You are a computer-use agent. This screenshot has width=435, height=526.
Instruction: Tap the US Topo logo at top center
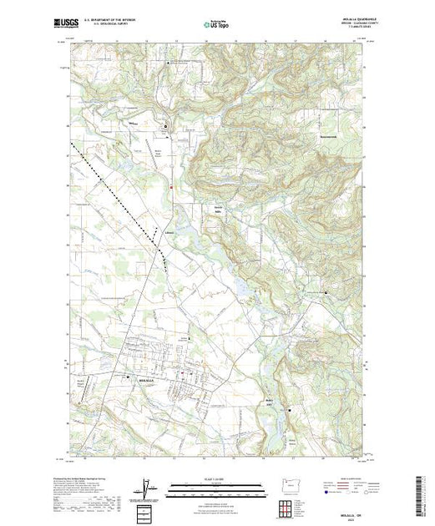tap(217, 24)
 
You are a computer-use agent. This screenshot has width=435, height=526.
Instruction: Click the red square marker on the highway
tap(171, 188)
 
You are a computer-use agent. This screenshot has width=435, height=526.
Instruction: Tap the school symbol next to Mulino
tap(165, 126)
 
